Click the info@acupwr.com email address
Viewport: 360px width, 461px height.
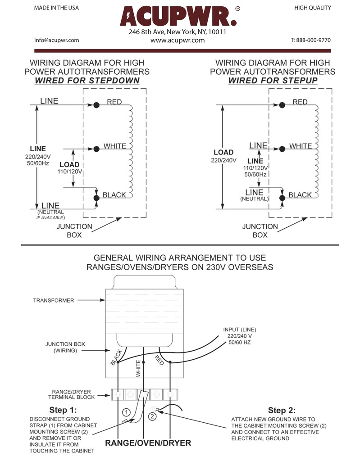tap(57, 40)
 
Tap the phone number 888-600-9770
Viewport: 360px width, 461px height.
tap(311, 40)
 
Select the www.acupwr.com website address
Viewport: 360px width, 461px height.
tap(178, 40)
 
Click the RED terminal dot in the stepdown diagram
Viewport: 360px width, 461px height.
tap(96, 105)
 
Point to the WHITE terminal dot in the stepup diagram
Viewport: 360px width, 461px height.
tap(282, 149)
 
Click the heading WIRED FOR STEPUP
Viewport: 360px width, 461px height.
tap(273, 81)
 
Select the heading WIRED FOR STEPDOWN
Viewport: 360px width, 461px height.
tap(87, 81)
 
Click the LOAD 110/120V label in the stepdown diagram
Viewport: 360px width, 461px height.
tap(69, 168)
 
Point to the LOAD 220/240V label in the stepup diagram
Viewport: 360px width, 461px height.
tap(223, 156)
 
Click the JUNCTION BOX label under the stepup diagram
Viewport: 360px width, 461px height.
tap(260, 230)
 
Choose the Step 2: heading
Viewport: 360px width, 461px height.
tap(282, 410)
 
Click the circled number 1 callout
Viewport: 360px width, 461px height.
tap(127, 412)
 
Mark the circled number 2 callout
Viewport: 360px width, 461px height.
tap(152, 416)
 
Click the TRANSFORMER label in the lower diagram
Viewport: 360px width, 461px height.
tap(53, 300)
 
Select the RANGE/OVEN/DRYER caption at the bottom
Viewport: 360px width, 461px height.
tap(148, 443)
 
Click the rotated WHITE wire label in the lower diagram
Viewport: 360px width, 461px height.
tap(138, 367)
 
